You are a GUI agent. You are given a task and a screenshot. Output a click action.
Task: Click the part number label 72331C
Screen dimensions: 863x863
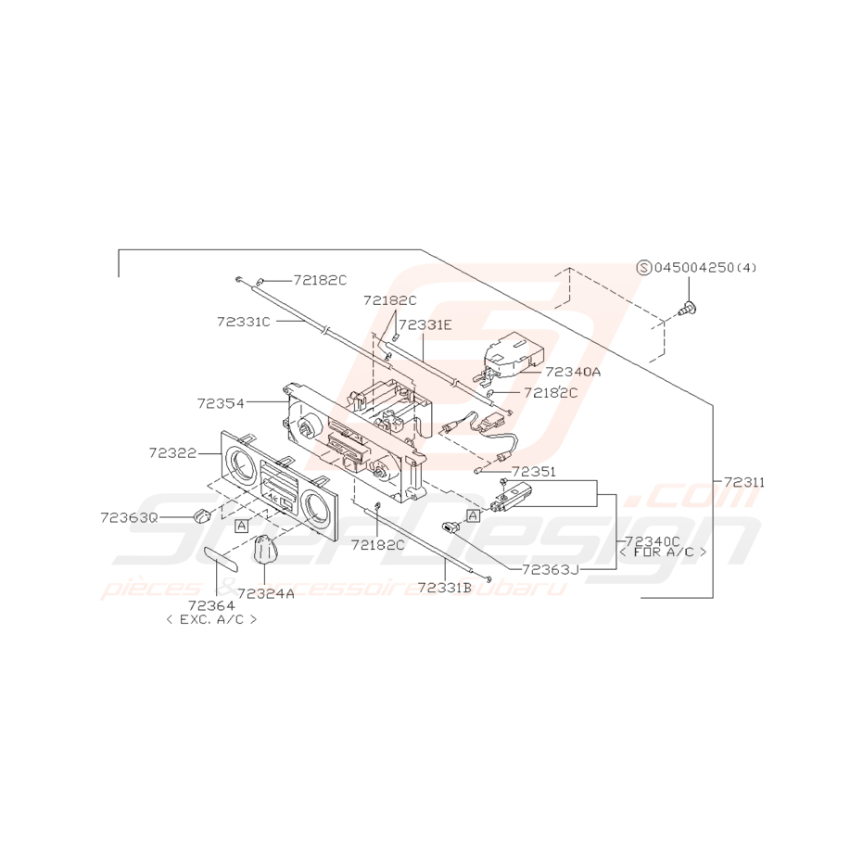click(244, 322)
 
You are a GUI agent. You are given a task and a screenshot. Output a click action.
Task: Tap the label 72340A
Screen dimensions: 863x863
click(574, 371)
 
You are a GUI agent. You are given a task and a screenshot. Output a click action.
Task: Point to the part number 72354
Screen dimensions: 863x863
click(220, 403)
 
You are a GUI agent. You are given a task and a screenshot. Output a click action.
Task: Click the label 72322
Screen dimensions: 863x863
click(171, 452)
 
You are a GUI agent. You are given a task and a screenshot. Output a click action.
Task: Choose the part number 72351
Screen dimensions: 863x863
click(533, 472)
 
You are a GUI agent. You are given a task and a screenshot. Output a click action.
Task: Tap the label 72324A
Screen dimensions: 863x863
click(266, 594)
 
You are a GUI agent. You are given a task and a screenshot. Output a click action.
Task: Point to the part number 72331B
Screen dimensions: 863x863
click(444, 588)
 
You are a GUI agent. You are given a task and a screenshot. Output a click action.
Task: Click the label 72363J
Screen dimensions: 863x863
click(550, 569)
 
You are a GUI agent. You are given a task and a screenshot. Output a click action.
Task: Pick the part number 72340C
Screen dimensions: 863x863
click(653, 539)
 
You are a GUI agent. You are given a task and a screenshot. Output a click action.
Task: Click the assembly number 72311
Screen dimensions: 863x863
click(745, 482)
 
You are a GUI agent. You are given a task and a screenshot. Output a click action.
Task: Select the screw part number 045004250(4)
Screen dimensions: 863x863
click(705, 268)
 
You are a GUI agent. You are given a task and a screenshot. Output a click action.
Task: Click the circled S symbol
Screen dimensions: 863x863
click(643, 267)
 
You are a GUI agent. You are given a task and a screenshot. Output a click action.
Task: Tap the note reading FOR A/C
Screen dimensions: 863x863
click(662, 552)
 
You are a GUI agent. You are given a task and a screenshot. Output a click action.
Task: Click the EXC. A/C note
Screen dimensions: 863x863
click(210, 619)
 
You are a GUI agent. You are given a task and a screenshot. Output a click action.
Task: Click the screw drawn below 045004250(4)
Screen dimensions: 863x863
click(691, 309)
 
